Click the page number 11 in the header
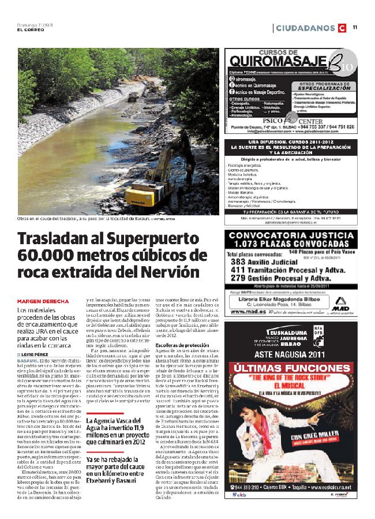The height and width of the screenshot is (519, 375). click(x=355, y=27)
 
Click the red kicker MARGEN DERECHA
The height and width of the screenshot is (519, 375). click(x=43, y=301)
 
